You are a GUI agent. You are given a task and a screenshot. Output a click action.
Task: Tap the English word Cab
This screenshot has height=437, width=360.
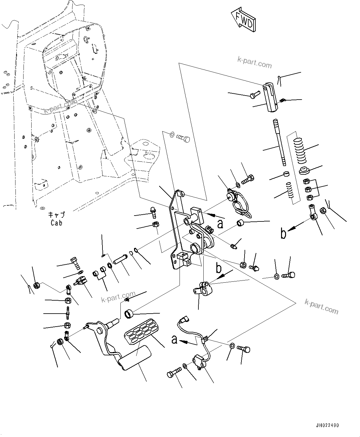click(x=56, y=223)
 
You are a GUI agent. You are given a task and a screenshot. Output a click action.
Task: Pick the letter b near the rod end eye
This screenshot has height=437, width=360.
click(x=283, y=234)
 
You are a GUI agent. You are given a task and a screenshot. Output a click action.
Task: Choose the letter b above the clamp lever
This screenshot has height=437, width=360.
click(x=219, y=268)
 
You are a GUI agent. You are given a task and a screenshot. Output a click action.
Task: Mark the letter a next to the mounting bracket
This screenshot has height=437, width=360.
click(x=220, y=224)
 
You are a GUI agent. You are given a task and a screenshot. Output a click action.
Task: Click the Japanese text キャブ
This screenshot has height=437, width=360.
click(x=56, y=215)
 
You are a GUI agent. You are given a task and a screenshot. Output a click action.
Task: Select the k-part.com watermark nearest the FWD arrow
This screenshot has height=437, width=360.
click(x=254, y=62)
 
